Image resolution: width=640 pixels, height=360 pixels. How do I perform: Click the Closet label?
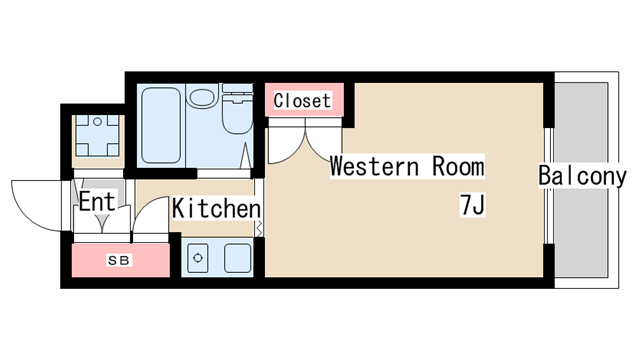(x=303, y=101)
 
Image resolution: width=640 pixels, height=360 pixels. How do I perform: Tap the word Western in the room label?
(x=363, y=166)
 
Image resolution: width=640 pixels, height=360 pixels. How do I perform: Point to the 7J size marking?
(x=472, y=205)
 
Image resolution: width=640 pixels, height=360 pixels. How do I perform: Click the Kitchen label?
(x=216, y=209)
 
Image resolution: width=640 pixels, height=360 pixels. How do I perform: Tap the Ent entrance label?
(x=97, y=201)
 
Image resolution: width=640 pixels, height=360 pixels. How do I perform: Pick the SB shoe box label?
(x=119, y=261)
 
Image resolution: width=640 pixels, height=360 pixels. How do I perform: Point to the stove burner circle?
(x=198, y=258)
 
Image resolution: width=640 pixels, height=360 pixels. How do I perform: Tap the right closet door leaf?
(x=321, y=140)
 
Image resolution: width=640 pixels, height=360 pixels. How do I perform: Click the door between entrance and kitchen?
(x=150, y=216)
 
